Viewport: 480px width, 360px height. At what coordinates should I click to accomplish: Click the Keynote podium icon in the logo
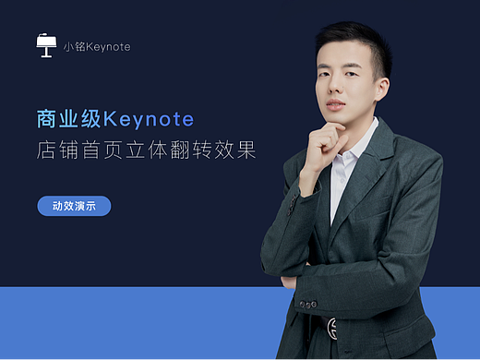[47, 45]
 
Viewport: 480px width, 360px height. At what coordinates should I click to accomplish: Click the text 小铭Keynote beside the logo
[96, 46]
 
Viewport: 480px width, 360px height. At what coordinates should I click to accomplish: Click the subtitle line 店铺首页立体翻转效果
[146, 150]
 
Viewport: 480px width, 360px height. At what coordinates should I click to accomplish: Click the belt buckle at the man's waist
[330, 328]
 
